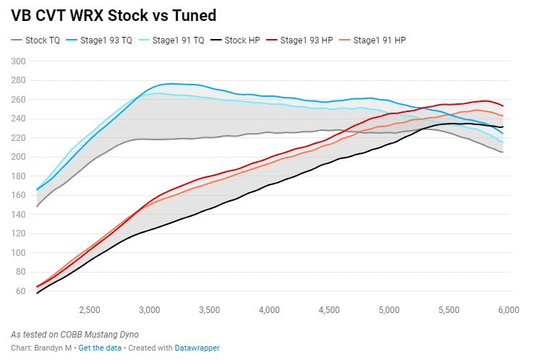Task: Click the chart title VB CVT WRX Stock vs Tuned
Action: tap(113, 16)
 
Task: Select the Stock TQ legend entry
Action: tap(35, 40)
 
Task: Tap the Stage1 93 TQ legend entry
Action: tap(99, 40)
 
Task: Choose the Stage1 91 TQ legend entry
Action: tap(171, 40)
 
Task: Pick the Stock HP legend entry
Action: tap(235, 40)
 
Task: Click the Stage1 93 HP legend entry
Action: tap(299, 40)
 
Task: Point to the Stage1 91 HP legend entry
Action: tap(372, 40)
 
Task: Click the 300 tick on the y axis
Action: tap(18, 61)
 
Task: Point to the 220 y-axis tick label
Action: tap(18, 138)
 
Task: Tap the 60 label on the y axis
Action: tap(21, 291)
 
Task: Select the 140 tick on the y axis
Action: tap(18, 215)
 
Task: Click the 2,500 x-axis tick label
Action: tap(90, 310)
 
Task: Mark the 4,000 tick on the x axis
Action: tap(270, 310)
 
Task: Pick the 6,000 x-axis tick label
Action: tap(509, 310)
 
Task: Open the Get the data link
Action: tap(100, 348)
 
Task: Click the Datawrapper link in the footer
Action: tap(197, 348)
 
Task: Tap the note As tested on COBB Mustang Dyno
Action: tap(74, 335)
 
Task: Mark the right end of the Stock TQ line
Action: tap(502, 152)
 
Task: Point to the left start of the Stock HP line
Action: tap(37, 293)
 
